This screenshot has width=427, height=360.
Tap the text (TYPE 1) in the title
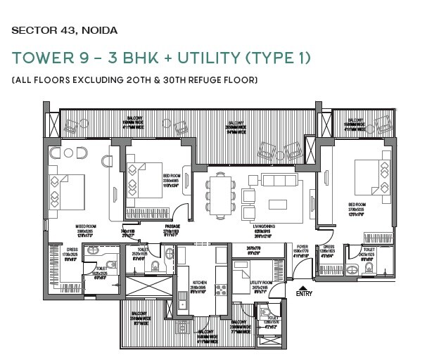274,57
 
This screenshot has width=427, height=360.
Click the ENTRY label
303,293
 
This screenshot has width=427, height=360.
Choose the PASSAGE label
172,226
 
